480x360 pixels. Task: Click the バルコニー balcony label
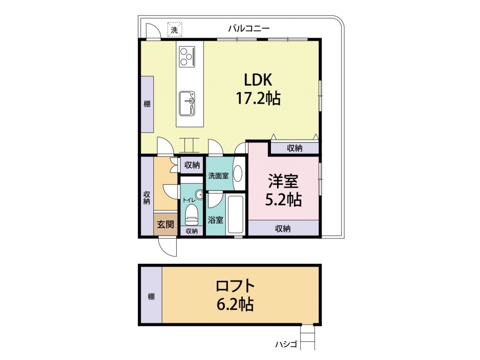249,29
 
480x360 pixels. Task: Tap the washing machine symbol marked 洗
174,30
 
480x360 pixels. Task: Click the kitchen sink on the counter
187,104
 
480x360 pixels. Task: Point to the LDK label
258,80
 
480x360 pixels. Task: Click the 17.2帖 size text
258,98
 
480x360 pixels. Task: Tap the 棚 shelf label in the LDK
147,104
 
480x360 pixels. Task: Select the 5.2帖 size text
283,200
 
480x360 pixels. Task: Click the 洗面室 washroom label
218,176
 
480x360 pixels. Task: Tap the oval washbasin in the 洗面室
238,173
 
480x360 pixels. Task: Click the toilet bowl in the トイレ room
192,215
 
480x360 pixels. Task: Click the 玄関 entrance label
165,225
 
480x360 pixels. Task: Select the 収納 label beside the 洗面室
192,165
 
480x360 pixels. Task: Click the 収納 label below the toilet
192,231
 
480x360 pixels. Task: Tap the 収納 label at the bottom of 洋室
283,228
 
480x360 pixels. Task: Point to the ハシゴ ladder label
286,345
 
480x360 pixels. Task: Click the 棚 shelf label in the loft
151,296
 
